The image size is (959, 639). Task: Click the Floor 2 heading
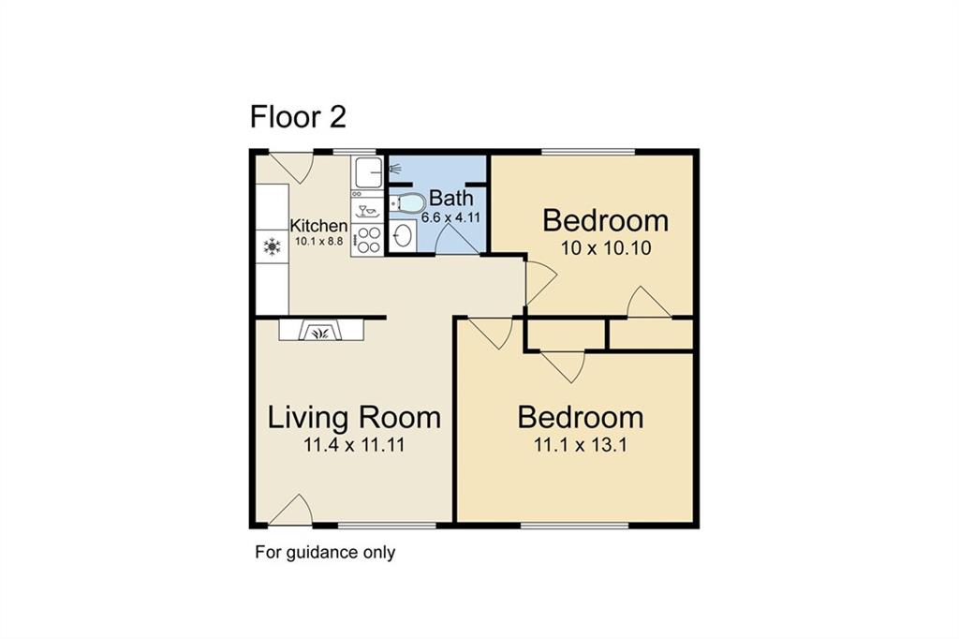(298, 117)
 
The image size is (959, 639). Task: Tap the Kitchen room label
(318, 225)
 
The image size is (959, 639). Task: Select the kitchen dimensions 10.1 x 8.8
(318, 241)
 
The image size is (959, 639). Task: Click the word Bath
(451, 198)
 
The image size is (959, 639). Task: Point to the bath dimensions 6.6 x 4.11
(450, 216)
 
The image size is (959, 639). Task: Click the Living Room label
(354, 418)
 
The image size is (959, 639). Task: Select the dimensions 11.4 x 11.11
(354, 445)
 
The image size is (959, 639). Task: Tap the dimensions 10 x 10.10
(606, 248)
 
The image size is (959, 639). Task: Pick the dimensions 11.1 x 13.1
(581, 444)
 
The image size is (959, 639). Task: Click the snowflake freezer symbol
(272, 246)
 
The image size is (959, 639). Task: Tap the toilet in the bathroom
(407, 202)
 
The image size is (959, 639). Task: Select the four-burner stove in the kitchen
(367, 239)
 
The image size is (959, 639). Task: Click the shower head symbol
(395, 167)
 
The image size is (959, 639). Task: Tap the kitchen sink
(367, 172)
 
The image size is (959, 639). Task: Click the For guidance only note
(325, 552)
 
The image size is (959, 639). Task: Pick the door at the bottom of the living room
(292, 510)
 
